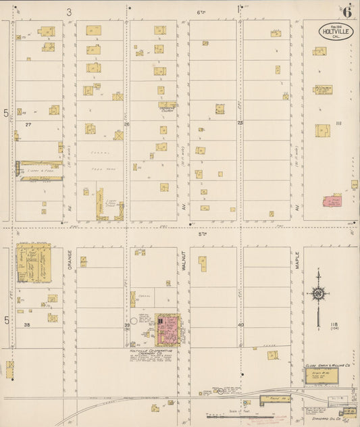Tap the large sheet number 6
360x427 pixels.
[x=346, y=11]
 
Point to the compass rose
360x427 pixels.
[x=317, y=293]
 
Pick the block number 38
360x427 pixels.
[x=28, y=325]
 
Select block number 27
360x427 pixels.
[x=28, y=124]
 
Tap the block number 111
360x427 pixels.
[x=339, y=122]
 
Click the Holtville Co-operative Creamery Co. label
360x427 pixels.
[x=152, y=353]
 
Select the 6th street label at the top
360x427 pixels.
[x=201, y=12]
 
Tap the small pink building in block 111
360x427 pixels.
[x=333, y=200]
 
